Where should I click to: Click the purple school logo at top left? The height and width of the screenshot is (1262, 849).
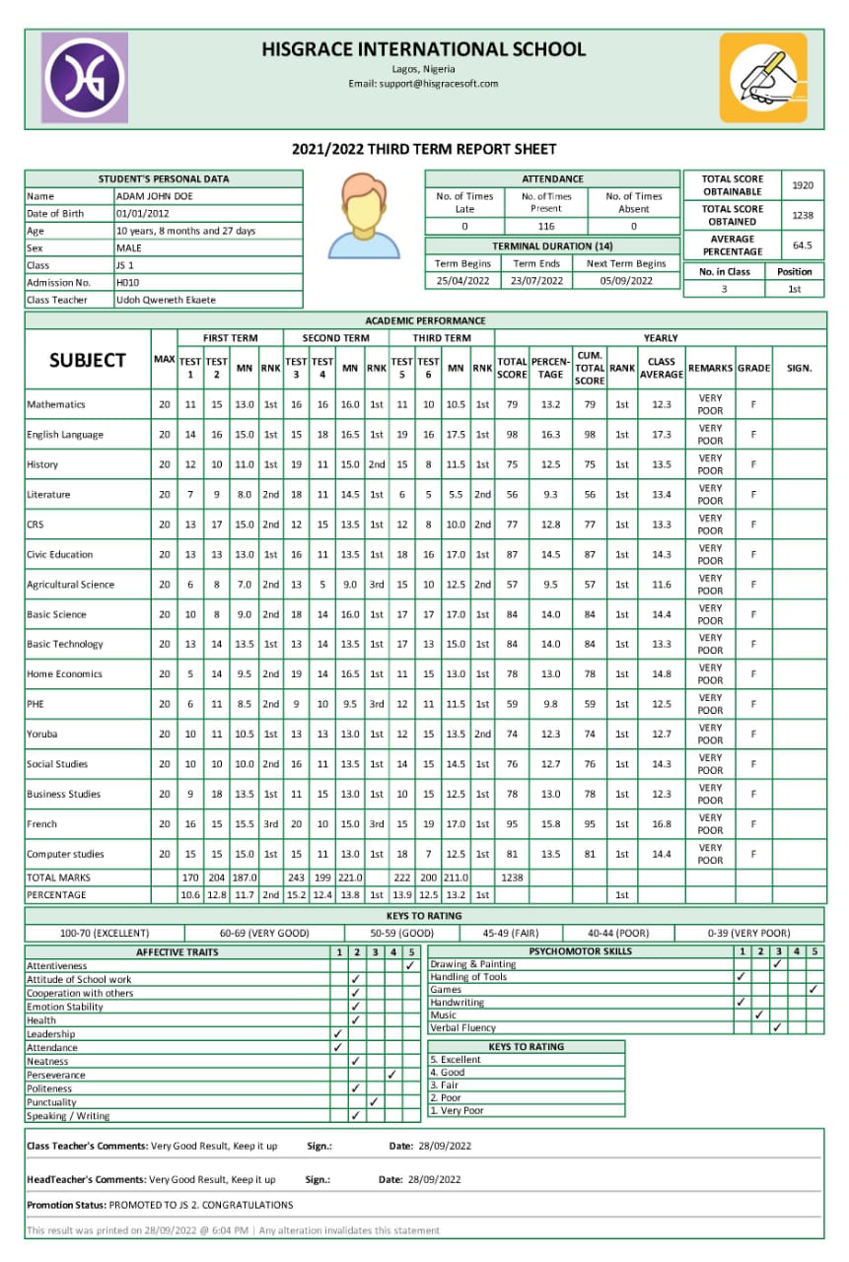84,78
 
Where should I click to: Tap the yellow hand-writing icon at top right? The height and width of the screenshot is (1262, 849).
762,78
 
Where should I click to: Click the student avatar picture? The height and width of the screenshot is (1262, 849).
363,215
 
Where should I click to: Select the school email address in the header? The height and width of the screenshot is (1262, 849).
423,84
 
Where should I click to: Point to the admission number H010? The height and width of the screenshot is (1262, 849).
127,282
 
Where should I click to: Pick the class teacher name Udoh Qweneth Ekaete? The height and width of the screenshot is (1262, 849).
166,300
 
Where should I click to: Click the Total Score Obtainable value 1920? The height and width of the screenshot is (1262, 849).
803,185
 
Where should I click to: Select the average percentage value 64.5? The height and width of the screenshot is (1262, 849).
803,245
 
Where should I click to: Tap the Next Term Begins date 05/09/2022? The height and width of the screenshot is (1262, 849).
626,281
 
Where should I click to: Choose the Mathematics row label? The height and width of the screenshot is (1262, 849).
56,404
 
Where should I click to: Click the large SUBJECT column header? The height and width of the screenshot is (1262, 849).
88,361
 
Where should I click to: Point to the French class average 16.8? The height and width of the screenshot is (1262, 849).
661,824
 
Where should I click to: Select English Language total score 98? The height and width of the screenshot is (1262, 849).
512,435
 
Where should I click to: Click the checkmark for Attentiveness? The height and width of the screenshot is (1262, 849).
410,966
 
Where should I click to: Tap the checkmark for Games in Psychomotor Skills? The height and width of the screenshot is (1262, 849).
814,989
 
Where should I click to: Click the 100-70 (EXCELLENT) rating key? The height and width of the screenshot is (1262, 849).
105,933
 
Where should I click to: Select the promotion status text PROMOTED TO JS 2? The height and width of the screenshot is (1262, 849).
201,1205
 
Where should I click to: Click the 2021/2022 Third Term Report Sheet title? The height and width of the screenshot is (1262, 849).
424,150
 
